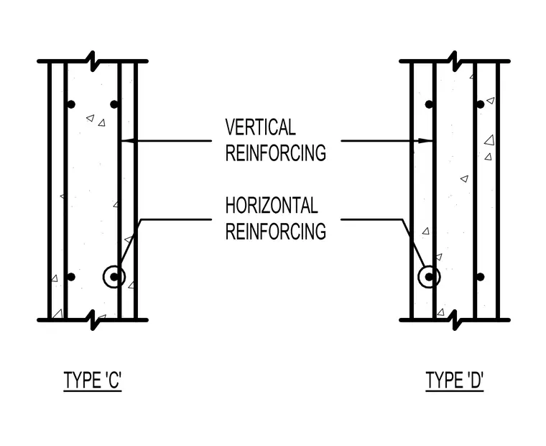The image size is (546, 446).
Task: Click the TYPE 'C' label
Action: point(93,380)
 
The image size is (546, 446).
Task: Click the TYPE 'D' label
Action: point(455,380)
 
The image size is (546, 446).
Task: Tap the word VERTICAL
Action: point(261,127)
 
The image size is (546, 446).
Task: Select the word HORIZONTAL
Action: point(272,206)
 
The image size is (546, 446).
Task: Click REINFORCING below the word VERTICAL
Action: point(275,153)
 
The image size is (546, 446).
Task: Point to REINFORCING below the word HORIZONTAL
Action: point(275,231)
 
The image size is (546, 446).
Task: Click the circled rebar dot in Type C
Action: point(114,277)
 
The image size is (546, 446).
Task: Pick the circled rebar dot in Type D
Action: point(429,277)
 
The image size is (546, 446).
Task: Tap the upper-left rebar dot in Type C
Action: point(71,104)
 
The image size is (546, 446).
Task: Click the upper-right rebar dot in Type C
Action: point(114,104)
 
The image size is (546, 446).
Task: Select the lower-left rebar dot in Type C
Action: point(71,277)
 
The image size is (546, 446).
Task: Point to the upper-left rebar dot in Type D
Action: point(429,104)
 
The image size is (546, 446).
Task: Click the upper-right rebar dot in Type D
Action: point(481,104)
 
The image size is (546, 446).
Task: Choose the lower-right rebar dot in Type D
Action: point(481,277)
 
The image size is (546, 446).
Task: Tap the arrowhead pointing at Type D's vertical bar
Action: point(425,141)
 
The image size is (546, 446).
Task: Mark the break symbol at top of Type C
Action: point(93,61)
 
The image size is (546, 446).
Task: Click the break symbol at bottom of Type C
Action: point(93,320)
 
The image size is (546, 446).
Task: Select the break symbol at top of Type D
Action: point(455,61)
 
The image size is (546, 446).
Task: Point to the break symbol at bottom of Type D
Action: point(455,320)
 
